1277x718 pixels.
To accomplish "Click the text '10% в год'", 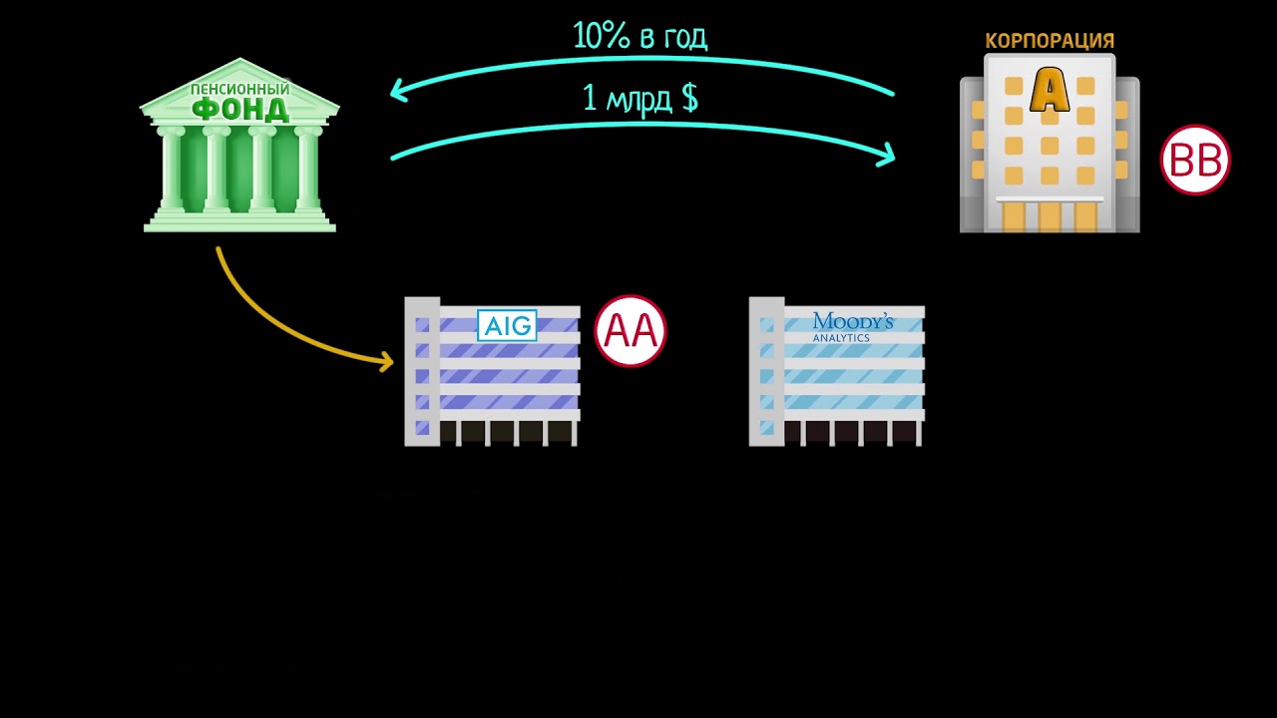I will pos(639,36).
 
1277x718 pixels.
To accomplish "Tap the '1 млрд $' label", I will pos(639,98).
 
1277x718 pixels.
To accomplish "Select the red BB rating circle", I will pos(1195,160).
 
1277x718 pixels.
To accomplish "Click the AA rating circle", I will pos(631,331).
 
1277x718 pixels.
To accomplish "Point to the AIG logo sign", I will pos(508,325).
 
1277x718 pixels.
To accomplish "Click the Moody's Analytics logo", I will pos(852,326).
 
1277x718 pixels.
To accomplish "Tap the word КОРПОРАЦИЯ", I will pos(1050,41).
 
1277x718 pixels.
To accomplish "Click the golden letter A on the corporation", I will pos(1050,90).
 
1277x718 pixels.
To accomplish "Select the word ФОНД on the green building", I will pos(240,109).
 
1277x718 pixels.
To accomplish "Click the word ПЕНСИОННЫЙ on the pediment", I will pos(240,89).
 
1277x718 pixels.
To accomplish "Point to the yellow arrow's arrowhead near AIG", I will pos(387,360).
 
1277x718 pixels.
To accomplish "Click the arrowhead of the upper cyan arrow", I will pos(396,91).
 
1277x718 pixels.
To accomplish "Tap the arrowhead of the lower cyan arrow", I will pos(887,155).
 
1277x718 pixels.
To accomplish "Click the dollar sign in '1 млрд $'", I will pos(688,98).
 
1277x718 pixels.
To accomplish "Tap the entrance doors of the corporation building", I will pos(1050,216).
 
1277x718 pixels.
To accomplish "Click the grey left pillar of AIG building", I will pos(422,371).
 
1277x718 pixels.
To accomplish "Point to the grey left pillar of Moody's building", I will pos(766,371).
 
